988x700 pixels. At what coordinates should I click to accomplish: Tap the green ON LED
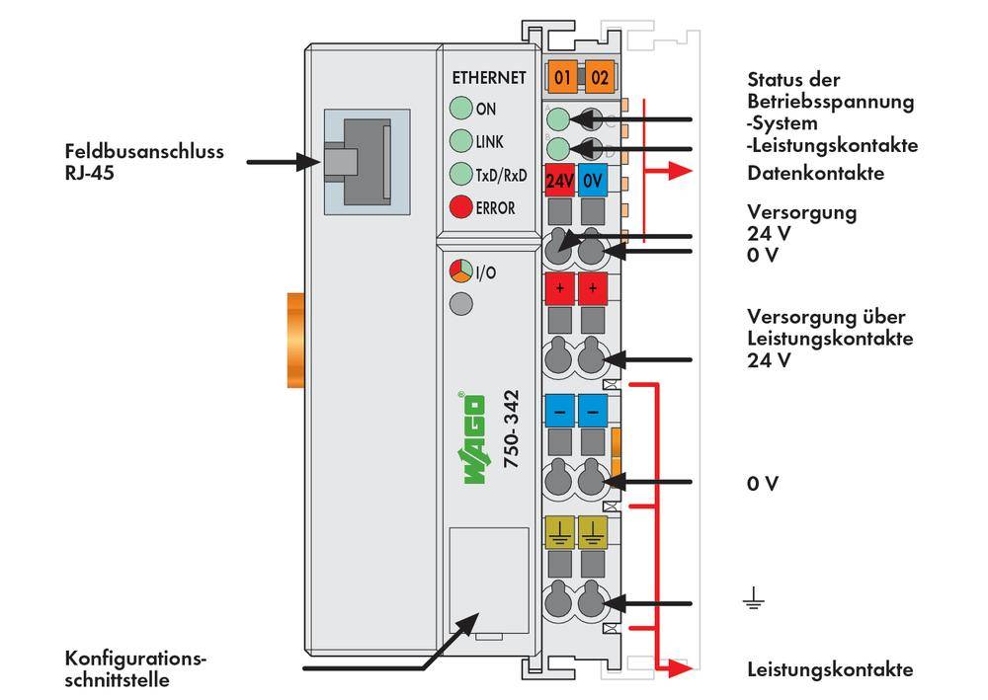point(460,109)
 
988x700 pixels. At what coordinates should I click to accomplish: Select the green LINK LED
point(460,141)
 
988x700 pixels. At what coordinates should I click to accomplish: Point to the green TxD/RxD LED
point(460,175)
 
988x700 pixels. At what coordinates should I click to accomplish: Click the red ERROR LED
point(460,207)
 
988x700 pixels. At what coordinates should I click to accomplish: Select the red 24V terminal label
point(560,182)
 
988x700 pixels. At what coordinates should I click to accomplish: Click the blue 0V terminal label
point(592,182)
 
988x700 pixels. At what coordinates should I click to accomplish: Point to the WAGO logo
point(473,438)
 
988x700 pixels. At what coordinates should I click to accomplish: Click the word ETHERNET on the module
point(488,78)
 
